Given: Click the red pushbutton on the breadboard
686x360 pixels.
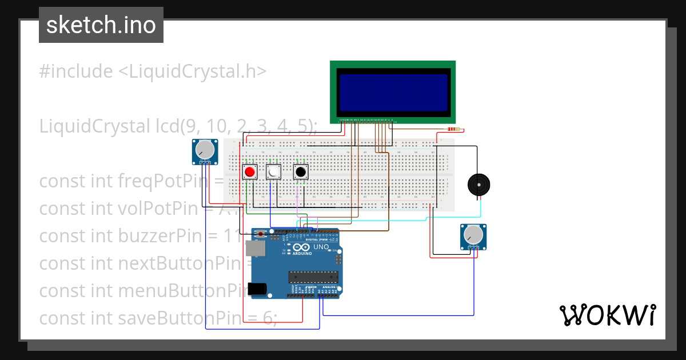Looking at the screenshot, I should [249, 171].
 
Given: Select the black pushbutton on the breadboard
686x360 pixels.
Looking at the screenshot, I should [300, 171].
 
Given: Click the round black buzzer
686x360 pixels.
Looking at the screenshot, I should [478, 185].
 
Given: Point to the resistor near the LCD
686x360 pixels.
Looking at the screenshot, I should [455, 129].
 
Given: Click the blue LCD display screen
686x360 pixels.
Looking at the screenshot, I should [393, 92].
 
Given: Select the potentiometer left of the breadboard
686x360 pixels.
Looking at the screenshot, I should [205, 151].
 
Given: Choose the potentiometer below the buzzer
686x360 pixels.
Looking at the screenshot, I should [473, 235].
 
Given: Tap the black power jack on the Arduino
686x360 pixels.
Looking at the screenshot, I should [258, 289].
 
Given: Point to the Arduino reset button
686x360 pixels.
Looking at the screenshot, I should [261, 234].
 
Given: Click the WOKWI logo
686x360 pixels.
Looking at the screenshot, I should [607, 315].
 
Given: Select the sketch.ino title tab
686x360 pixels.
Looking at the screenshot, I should [101, 25].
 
